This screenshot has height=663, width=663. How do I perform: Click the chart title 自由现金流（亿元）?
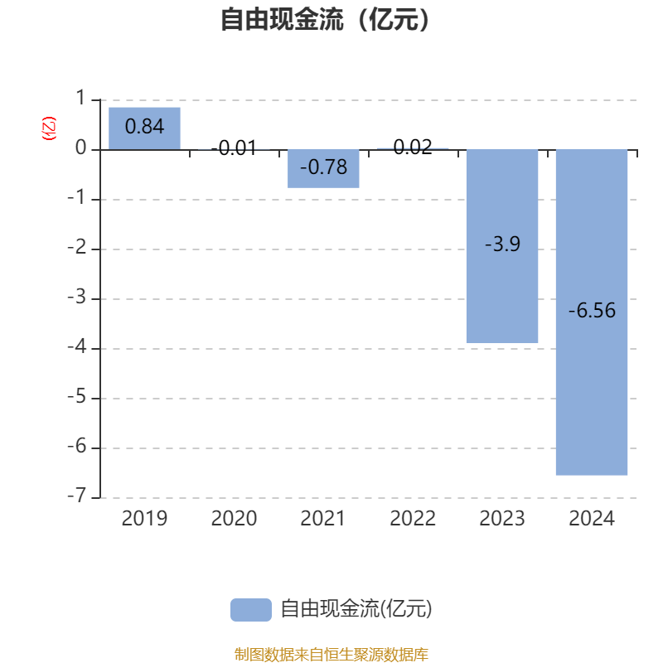click(x=325, y=19)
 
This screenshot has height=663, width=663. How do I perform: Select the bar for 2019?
click(x=144, y=128)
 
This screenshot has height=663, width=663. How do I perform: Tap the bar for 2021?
click(x=323, y=169)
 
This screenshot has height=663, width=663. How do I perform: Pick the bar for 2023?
click(x=502, y=246)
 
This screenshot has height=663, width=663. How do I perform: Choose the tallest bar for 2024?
click(x=592, y=312)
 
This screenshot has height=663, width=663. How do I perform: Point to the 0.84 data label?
click(x=144, y=127)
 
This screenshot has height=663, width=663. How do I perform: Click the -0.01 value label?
click(x=234, y=148)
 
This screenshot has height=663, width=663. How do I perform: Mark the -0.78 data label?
click(x=323, y=167)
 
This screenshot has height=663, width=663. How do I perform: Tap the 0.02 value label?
click(x=413, y=148)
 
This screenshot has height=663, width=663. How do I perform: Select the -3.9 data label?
click(x=502, y=244)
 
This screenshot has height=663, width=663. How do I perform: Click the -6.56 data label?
click(x=592, y=310)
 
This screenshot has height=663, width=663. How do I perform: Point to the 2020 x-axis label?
click(x=234, y=519)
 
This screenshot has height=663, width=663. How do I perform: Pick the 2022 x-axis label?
click(x=413, y=519)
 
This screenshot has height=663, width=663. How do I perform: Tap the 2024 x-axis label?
click(x=592, y=519)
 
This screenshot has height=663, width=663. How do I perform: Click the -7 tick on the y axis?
click(x=77, y=495)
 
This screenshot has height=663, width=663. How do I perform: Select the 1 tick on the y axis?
click(x=80, y=98)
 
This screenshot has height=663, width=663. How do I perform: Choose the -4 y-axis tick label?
click(x=77, y=346)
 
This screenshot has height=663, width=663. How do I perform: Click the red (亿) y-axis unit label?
click(x=49, y=128)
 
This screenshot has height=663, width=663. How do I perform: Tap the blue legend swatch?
click(x=251, y=610)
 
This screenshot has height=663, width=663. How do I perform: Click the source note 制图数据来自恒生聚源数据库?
click(x=331, y=654)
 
